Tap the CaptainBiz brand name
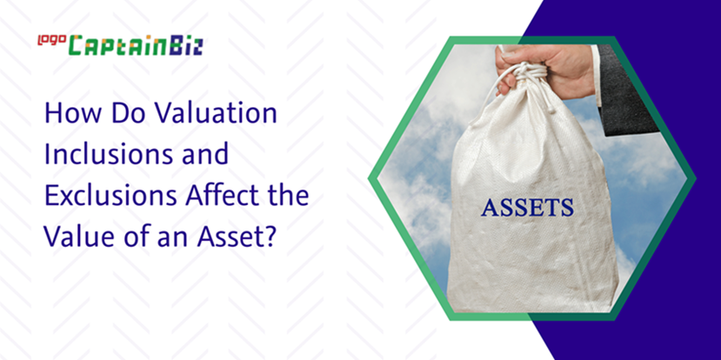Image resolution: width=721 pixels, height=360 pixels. pos(136,46)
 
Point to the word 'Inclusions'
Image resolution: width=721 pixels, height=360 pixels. pos(109,155)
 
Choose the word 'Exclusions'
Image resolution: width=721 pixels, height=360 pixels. pos(110,196)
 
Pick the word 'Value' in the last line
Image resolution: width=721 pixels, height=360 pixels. pos(77,236)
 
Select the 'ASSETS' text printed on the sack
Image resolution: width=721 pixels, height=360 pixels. pos(527,207)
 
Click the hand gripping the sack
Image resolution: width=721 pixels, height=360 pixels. pos(545,68)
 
